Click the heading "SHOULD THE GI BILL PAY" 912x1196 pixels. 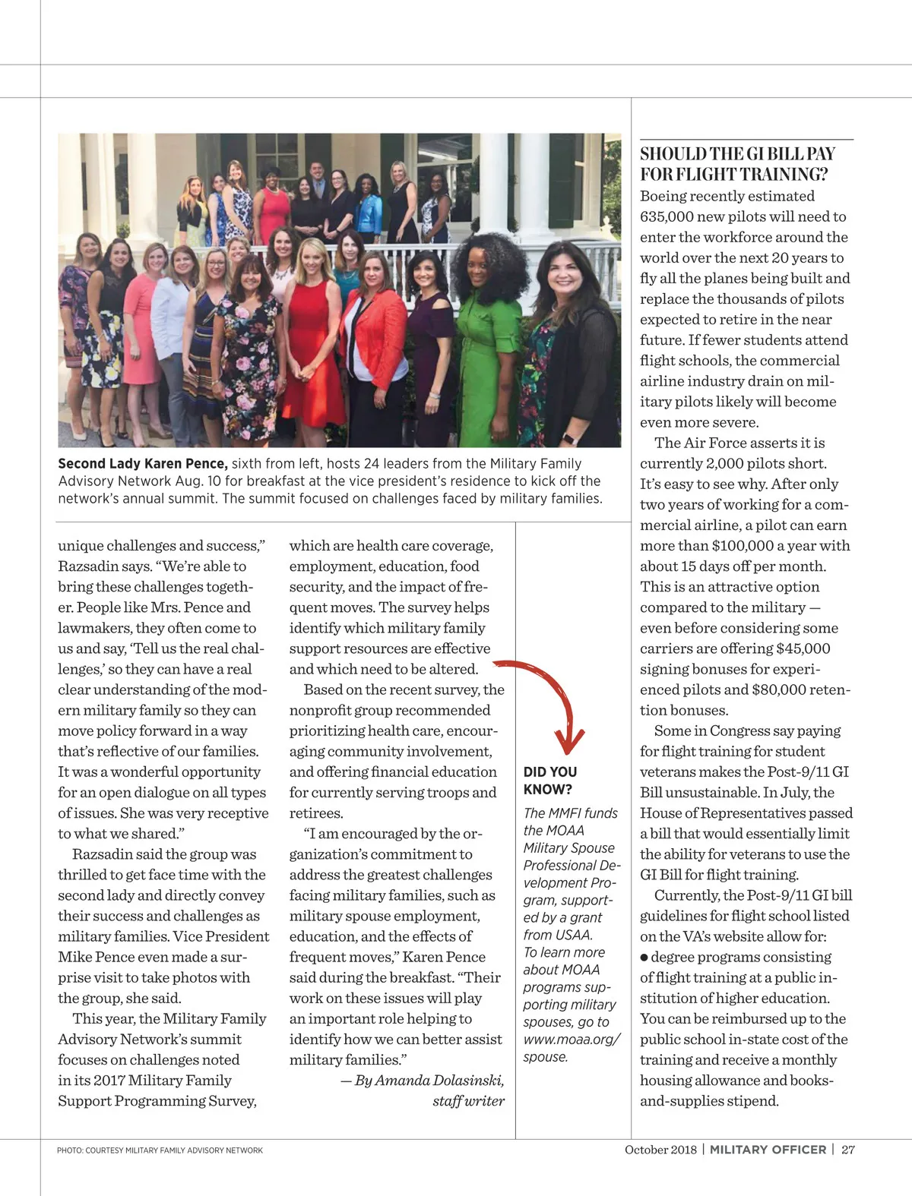pyautogui.click(x=737, y=154)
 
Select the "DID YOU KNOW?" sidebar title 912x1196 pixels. pyautogui.click(x=549, y=781)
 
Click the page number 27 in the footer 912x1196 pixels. pyautogui.click(x=848, y=1149)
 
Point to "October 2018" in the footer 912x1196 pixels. pyautogui.click(x=660, y=1149)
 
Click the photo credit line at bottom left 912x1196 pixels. pyautogui.click(x=160, y=1150)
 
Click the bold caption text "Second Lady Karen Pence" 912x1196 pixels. pyautogui.click(x=142, y=463)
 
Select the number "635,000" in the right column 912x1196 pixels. pyautogui.click(x=667, y=216)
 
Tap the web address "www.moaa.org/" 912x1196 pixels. pyautogui.click(x=572, y=1039)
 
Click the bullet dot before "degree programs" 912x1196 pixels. pyautogui.click(x=644, y=958)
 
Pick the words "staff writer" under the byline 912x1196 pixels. pyautogui.click(x=468, y=1100)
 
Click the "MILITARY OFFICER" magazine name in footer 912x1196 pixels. pyautogui.click(x=768, y=1149)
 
